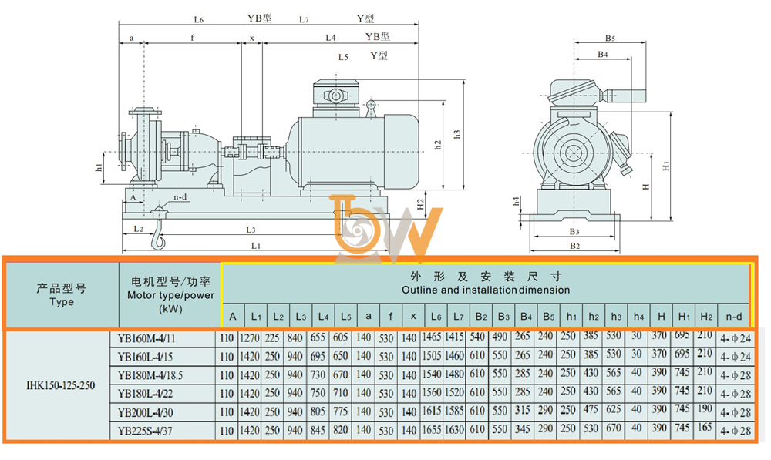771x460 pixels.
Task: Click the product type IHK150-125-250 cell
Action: (60, 385)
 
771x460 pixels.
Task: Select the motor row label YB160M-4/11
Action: (146, 338)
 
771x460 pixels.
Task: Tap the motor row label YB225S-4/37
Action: (145, 431)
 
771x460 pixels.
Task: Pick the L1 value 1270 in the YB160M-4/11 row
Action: (249, 338)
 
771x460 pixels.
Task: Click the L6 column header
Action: (436, 317)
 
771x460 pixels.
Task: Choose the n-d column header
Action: (734, 317)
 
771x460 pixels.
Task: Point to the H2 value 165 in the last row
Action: (705, 428)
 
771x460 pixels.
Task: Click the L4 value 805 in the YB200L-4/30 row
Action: (318, 411)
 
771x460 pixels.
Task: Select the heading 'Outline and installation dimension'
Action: (486, 290)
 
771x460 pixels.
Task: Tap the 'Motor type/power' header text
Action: (170, 295)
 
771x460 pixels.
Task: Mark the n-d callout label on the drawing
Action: (180, 197)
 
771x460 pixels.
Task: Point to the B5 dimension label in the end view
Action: (610, 38)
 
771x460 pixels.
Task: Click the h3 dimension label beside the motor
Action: (456, 133)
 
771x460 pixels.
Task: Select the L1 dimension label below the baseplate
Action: (256, 245)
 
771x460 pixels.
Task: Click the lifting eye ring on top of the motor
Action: (371, 104)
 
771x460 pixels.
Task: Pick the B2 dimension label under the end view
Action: (574, 245)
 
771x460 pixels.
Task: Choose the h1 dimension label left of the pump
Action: (99, 168)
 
